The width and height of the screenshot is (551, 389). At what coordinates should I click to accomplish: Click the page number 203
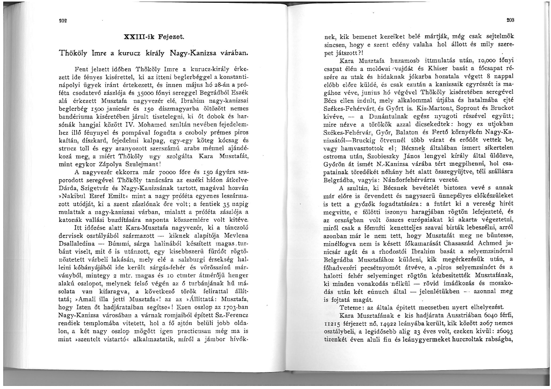point(510,20)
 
